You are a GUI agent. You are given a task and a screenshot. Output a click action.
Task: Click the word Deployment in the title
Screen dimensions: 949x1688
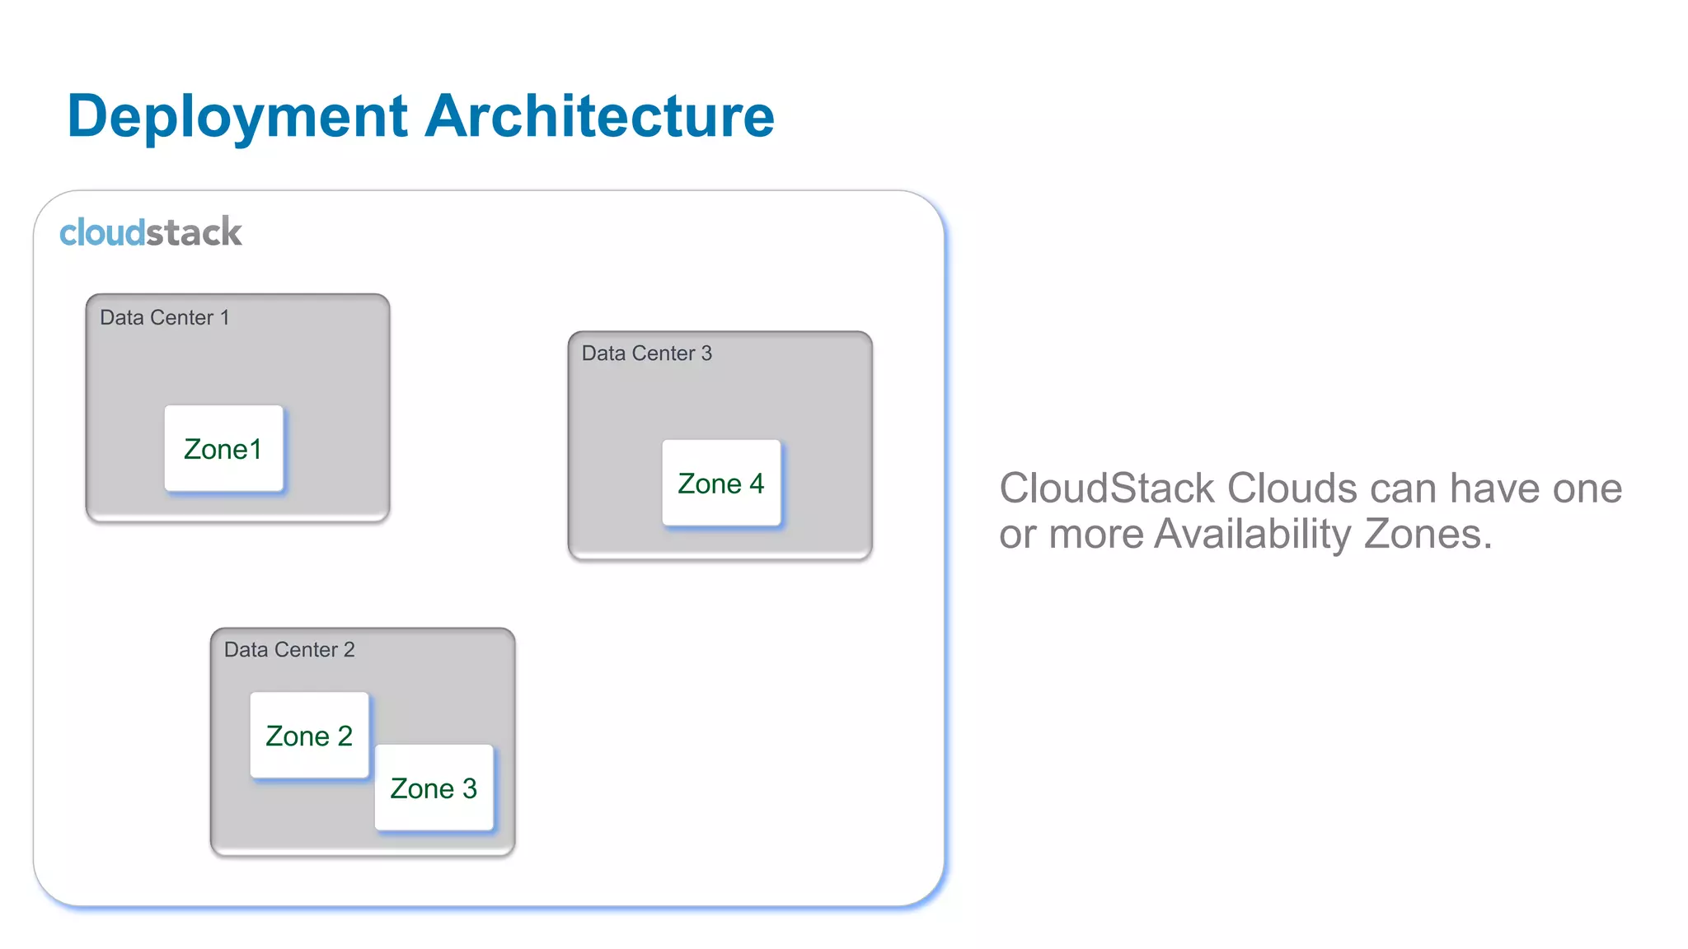click(x=237, y=116)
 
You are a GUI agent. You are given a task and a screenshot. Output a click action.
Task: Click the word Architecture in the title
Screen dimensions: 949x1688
click(x=599, y=116)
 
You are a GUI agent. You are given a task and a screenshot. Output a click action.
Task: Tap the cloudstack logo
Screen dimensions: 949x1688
click(x=151, y=232)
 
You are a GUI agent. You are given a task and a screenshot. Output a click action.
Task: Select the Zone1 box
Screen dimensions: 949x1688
click(x=223, y=449)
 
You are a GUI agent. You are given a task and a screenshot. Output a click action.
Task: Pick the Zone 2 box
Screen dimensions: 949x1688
click(x=309, y=736)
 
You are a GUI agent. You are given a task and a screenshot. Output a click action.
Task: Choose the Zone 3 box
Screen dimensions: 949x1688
click(x=434, y=788)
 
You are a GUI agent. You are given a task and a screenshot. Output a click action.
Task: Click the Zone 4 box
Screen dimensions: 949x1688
click(x=721, y=484)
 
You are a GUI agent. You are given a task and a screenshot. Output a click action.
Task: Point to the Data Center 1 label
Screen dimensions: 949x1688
click(x=165, y=318)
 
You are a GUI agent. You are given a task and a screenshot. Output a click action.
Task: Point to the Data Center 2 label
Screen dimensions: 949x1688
click(x=289, y=650)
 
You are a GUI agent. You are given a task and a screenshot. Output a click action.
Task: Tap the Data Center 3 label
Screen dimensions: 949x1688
click(x=647, y=353)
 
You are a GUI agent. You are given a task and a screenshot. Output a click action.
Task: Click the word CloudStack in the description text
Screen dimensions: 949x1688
click(x=1107, y=489)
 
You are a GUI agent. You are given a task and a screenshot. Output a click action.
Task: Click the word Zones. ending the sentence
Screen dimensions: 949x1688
click(x=1428, y=534)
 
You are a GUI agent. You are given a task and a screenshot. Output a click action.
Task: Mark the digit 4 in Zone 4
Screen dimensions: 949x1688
click(x=756, y=484)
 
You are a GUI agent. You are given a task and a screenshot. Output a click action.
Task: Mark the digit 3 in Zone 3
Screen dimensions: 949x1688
click(x=469, y=788)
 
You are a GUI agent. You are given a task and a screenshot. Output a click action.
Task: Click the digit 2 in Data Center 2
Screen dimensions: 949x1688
click(x=349, y=650)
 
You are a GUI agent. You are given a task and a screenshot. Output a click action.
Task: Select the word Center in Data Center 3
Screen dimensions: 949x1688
click(x=667, y=353)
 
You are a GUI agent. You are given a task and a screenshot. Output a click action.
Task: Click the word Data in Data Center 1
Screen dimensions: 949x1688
click(x=122, y=318)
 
